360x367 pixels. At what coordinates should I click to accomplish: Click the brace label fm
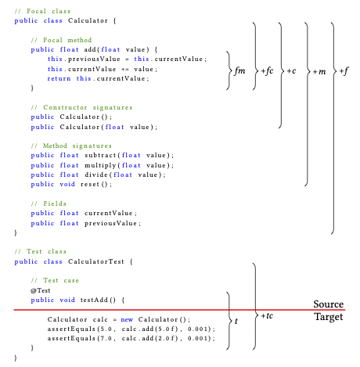pos(239,70)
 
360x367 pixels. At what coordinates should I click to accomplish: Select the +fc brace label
pos(267,70)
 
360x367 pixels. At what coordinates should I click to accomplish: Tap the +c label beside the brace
pos(291,71)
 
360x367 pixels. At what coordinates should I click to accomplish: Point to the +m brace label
pos(319,71)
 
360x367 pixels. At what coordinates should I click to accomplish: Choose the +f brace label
pos(344,71)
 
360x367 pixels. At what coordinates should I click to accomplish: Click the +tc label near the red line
pos(267,316)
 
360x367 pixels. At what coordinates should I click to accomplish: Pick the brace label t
pos(236,321)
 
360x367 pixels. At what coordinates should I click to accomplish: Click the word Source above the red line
pos(329,304)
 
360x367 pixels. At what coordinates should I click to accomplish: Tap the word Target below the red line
pos(329,317)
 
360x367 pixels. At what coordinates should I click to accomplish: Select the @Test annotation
pos(40,290)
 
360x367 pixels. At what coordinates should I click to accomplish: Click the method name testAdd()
pos(98,300)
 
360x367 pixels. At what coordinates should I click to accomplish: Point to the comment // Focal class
pos(42,11)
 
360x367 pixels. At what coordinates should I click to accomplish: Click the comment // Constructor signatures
pos(81,107)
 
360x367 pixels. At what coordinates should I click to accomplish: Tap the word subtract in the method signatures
pos(100,155)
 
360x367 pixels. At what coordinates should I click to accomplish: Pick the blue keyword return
pos(59,78)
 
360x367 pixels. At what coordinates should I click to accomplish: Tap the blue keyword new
pos(127,319)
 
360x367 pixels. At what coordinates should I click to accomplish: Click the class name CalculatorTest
pos(96,261)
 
